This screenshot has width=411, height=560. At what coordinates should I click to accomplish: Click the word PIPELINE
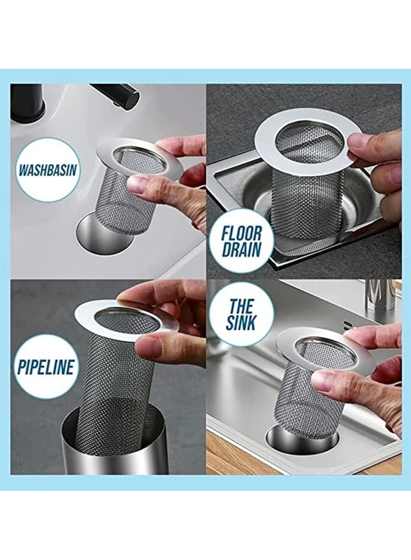coord(47,366)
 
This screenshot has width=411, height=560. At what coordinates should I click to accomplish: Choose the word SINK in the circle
coord(241,323)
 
